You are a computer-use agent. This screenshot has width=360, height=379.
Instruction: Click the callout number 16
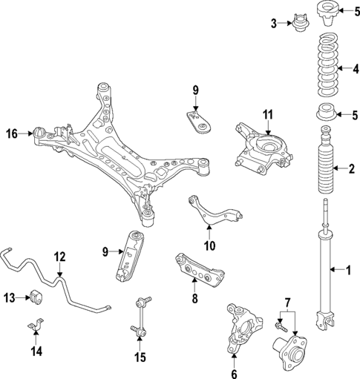pos(12,134)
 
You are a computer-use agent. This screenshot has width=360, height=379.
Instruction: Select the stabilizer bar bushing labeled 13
pos(38,297)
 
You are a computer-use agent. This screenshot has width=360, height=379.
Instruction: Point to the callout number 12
pos(59,257)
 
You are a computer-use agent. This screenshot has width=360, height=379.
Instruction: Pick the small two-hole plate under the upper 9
pos(196,121)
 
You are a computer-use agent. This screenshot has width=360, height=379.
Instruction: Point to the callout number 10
pos(209,245)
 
